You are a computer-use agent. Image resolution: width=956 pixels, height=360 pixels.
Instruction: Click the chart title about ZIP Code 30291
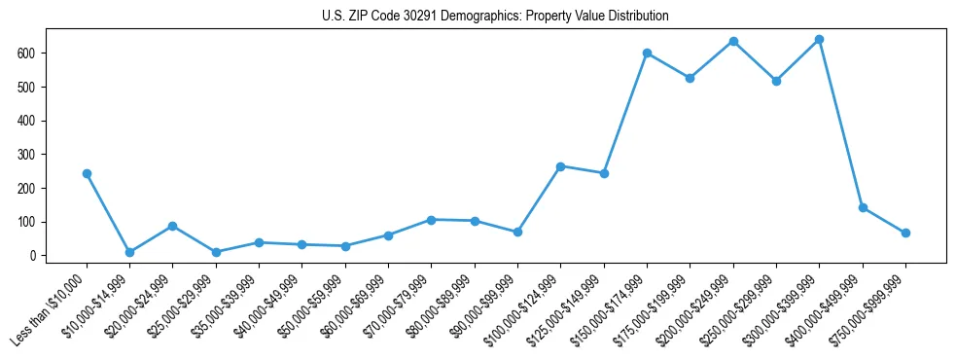(x=495, y=17)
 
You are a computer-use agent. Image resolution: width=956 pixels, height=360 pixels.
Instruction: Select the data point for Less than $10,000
(x=87, y=173)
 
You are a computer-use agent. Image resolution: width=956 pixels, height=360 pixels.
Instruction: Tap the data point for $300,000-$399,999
(x=819, y=39)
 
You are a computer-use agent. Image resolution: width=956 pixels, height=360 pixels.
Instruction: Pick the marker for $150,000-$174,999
(x=647, y=53)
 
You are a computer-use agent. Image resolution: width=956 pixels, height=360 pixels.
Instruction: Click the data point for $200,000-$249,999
(x=733, y=41)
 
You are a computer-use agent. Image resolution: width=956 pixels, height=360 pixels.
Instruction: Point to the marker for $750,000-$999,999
(x=905, y=233)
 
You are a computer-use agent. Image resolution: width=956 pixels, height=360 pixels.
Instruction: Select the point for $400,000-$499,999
(x=863, y=207)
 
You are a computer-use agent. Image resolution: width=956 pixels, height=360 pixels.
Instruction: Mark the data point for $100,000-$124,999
(x=560, y=166)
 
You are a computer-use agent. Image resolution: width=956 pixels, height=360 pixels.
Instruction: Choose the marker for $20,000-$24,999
(x=172, y=226)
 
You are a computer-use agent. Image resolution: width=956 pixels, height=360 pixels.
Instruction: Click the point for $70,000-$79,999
(x=431, y=220)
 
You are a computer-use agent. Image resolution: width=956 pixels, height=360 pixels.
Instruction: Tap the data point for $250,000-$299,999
(x=776, y=81)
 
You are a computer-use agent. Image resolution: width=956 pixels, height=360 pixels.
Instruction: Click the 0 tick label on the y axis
(x=33, y=255)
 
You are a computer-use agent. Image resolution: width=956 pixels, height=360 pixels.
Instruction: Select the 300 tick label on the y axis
(x=27, y=154)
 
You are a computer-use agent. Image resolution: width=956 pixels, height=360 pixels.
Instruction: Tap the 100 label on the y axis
(x=27, y=222)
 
